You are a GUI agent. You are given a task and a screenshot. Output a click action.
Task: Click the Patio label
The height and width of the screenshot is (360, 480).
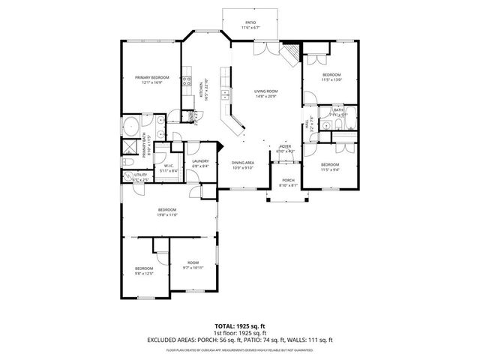pos(250,23)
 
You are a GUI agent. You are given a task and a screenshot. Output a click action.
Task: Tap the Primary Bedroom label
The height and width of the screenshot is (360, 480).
pos(152,78)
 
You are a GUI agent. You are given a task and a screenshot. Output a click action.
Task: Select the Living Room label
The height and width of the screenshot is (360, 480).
pos(267,91)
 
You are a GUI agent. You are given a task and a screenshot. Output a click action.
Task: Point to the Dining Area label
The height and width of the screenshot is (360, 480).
pos(242,163)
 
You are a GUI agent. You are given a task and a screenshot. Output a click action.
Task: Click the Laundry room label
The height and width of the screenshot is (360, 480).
pos(199,161)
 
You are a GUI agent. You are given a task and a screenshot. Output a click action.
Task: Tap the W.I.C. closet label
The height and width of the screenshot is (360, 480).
pos(169,166)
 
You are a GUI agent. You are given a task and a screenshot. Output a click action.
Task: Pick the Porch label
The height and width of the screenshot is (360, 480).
pos(289,181)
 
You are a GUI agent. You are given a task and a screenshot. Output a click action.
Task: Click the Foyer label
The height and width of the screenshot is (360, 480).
pos(285,146)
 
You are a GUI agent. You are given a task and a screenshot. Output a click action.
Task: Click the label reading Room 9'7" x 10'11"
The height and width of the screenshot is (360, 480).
pos(193,262)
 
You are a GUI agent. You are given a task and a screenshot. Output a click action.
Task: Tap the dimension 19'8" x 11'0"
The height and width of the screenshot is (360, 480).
pos(166,215)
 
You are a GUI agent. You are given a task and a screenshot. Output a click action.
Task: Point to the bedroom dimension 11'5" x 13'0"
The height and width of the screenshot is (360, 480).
pos(332,79)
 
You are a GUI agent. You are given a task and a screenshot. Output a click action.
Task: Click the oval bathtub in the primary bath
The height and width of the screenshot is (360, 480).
pos(130,124)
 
